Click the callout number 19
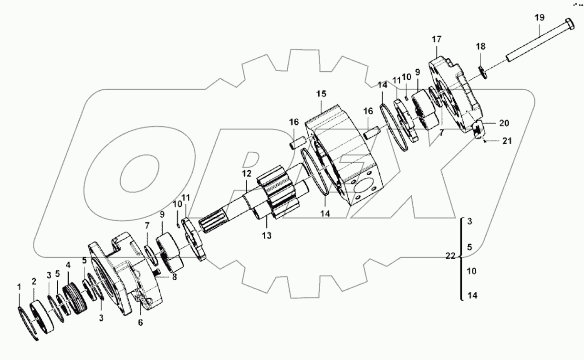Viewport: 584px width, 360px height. point(539,18)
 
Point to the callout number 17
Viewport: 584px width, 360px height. point(437,39)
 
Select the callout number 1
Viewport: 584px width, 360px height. point(19,287)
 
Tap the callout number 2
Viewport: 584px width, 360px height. point(34,281)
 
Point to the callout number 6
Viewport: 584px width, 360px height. point(140,323)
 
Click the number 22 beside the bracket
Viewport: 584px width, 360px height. point(450,256)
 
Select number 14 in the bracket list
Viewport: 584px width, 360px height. point(472,296)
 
